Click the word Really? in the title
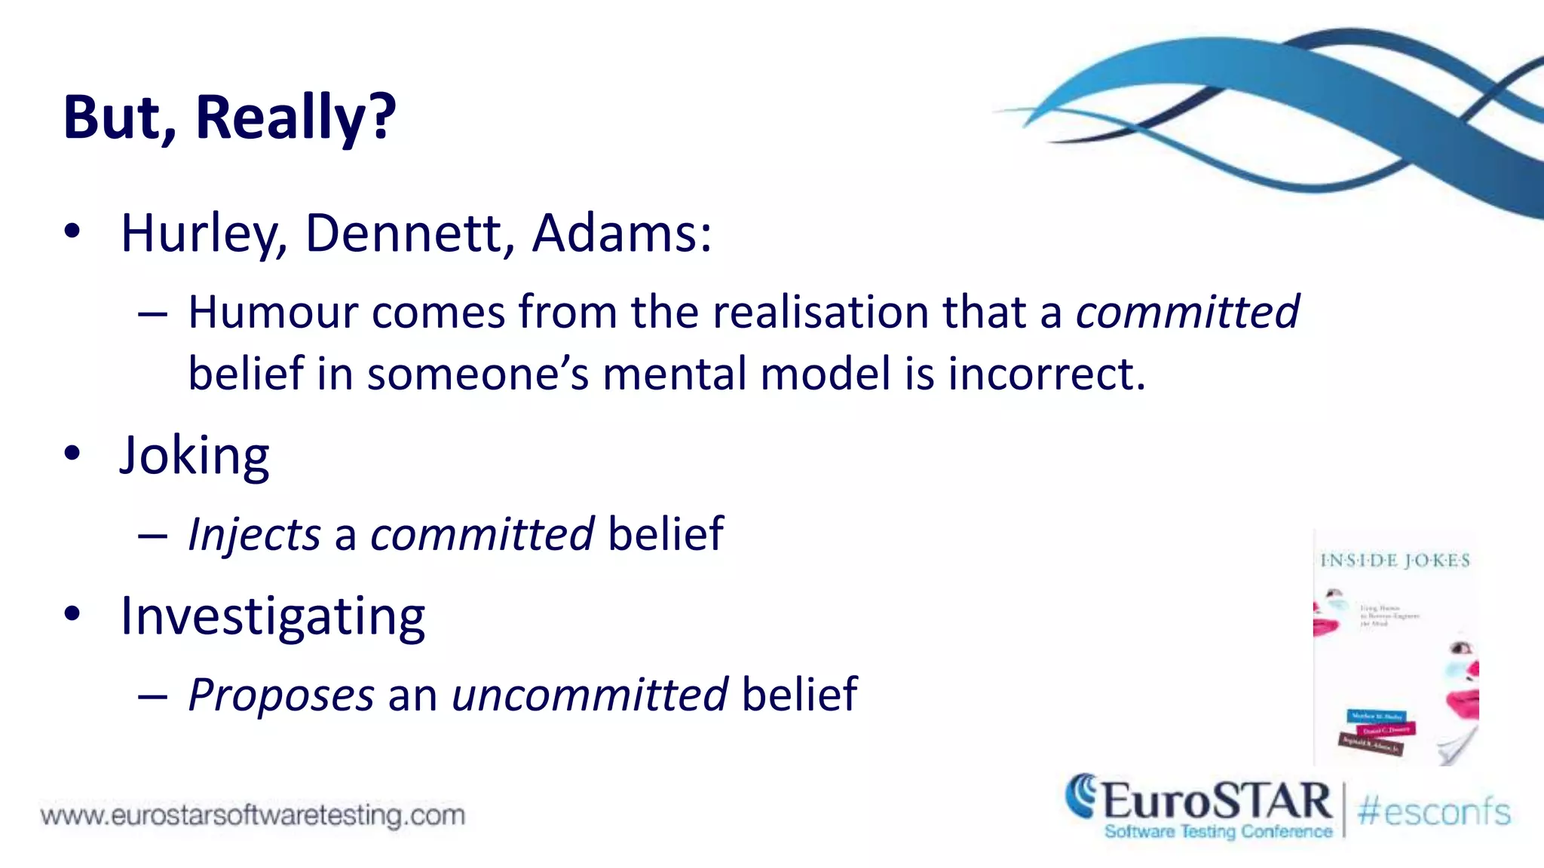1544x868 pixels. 296,118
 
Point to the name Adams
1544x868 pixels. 621,234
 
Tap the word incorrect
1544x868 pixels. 1046,374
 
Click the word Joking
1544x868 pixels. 195,456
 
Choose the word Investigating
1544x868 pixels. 273,617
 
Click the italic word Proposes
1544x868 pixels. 280,695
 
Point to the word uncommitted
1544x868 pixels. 590,695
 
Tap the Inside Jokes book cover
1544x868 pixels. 1395,648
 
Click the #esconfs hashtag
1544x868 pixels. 1434,812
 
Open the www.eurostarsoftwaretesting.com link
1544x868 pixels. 253,815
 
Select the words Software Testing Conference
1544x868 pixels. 1218,832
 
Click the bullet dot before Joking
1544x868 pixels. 72,454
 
